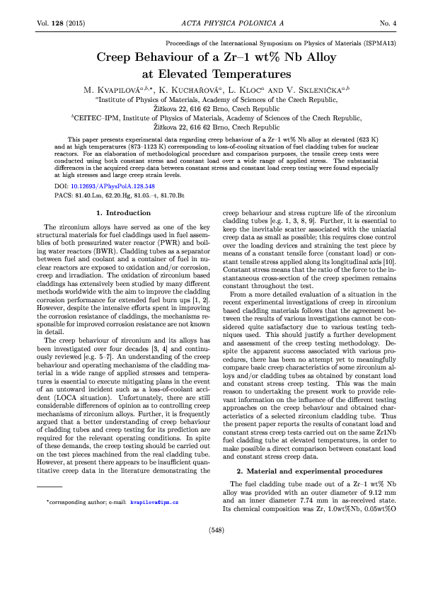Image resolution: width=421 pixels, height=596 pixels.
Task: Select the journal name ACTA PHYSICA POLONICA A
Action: [x=210, y=23]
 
